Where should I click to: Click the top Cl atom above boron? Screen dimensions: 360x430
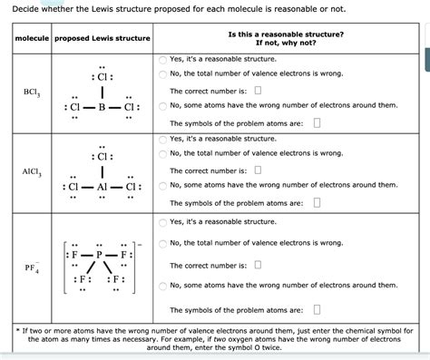point(103,74)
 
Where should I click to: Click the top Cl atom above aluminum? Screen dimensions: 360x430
point(103,153)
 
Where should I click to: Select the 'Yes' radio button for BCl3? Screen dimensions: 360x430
point(162,58)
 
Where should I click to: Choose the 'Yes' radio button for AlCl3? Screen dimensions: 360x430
point(162,139)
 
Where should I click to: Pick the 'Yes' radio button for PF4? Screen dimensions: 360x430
point(162,221)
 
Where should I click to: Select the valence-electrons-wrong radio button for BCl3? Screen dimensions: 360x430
point(162,73)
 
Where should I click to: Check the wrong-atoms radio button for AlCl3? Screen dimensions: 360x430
point(162,185)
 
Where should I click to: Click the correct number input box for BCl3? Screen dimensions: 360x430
point(258,91)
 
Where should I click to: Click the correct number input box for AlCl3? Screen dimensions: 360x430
point(258,170)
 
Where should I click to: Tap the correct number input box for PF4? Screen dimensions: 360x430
point(258,265)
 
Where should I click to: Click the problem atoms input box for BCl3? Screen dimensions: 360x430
point(316,122)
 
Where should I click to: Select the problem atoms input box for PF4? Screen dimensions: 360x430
point(316,308)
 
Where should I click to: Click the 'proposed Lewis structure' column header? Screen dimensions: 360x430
point(102,38)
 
